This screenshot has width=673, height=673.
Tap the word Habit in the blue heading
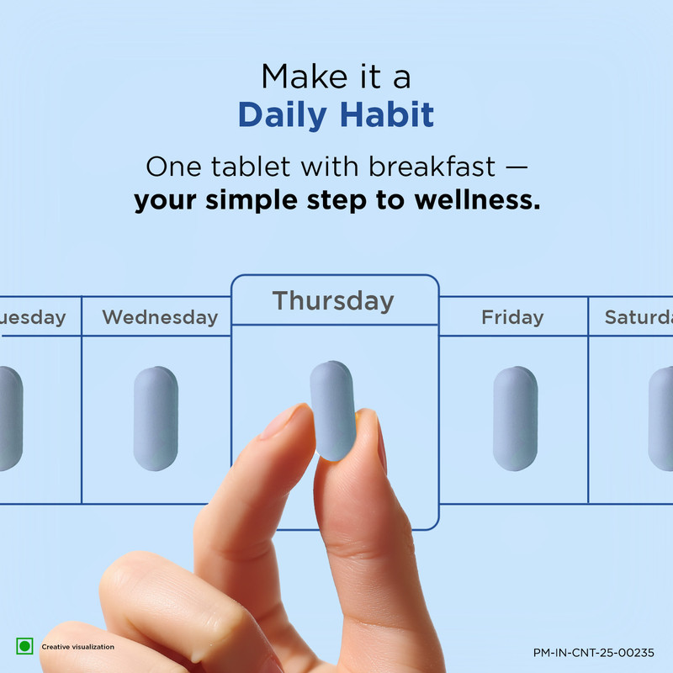[x=387, y=114]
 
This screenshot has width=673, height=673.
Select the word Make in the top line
[x=305, y=77]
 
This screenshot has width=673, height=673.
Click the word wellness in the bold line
[x=477, y=200]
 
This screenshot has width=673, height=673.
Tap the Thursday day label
[x=333, y=301]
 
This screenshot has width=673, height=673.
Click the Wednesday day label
[x=160, y=318]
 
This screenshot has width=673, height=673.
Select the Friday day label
[x=512, y=318]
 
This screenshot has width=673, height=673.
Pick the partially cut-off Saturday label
[x=639, y=318]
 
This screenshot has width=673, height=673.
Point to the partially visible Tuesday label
[x=33, y=318]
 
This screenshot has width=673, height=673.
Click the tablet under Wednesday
[x=156, y=418]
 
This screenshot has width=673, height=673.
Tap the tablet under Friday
[x=515, y=418]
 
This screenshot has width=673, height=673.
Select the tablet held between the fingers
[x=333, y=411]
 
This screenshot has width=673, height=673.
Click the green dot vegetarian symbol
[x=24, y=646]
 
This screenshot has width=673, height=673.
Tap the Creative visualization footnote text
[x=77, y=647]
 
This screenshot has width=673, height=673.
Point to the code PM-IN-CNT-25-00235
[x=594, y=653]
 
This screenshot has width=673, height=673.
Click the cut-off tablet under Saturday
[x=661, y=418]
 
